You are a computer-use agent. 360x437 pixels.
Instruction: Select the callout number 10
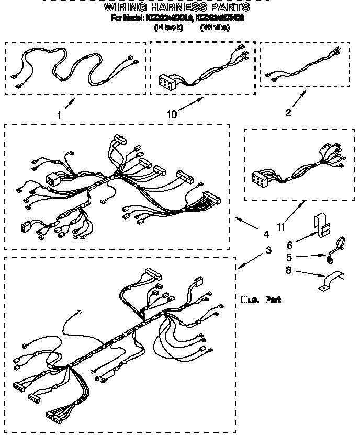click(x=172, y=113)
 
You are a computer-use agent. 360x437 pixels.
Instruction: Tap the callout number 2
click(x=288, y=112)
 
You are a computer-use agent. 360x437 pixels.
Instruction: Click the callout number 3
click(x=268, y=250)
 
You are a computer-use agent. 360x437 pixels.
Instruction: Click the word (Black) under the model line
click(x=167, y=28)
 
